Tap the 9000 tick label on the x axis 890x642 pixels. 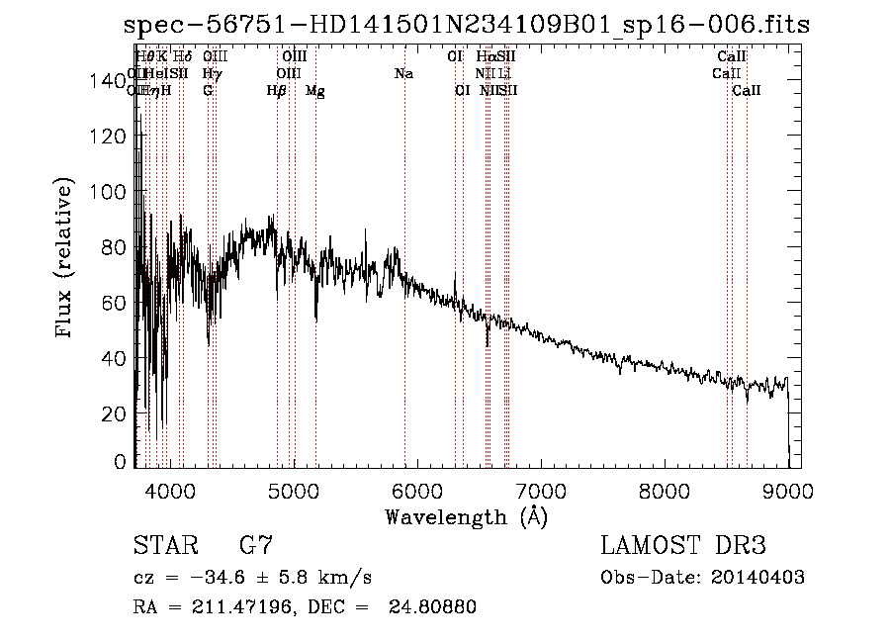(787, 488)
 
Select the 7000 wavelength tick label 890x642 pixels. (539, 488)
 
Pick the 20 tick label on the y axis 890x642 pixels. (112, 413)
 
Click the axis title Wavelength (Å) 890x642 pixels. (466, 516)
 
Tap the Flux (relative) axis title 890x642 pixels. (66, 260)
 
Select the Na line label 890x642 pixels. (403, 74)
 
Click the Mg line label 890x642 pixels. (315, 91)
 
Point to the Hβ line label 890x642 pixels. (277, 91)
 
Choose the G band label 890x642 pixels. (208, 91)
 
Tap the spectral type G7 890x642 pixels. (256, 547)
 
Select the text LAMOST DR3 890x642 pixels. (682, 547)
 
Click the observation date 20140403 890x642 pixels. (757, 578)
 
